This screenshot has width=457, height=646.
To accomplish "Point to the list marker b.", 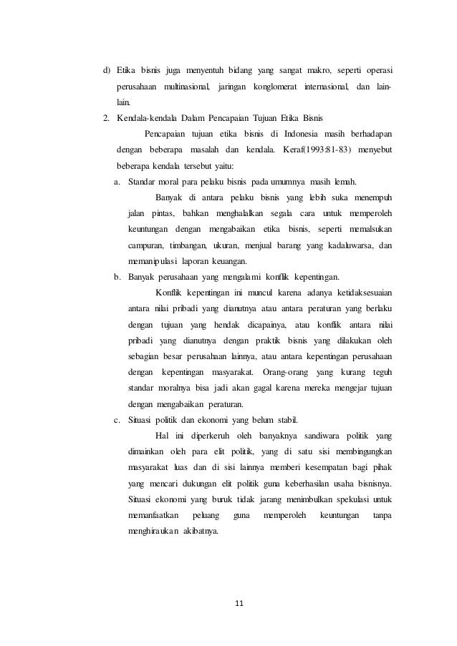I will (119, 276).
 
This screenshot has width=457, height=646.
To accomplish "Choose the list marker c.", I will (119, 419).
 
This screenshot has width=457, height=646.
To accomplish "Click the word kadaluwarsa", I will (349, 245).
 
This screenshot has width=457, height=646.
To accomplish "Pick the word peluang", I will (199, 515).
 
